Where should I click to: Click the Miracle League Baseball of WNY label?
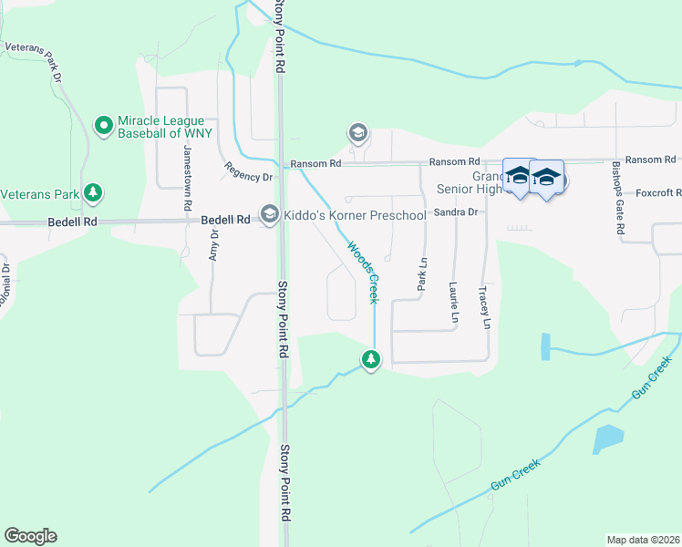(x=164, y=127)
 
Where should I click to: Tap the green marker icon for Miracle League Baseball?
(x=104, y=123)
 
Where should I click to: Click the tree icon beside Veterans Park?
(x=92, y=192)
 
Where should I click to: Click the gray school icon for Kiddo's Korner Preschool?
(x=270, y=214)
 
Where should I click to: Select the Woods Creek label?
(x=362, y=271)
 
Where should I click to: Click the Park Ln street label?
(x=422, y=273)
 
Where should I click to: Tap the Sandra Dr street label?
(x=456, y=212)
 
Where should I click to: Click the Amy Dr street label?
(x=214, y=245)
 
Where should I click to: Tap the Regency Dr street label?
(x=249, y=171)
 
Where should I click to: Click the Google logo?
(x=30, y=536)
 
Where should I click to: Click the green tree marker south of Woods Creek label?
(x=370, y=360)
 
